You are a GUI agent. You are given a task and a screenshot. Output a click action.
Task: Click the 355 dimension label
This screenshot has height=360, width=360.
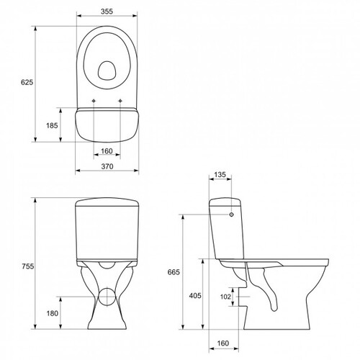coord(107,12)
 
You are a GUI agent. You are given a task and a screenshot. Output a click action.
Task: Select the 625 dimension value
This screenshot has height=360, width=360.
coord(27,82)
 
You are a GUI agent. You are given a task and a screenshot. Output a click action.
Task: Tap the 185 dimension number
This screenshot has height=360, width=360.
coord(52,125)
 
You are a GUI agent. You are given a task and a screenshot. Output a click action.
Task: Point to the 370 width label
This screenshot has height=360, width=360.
coord(107,166)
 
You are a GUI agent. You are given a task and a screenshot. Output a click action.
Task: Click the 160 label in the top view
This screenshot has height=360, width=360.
coord(107,151)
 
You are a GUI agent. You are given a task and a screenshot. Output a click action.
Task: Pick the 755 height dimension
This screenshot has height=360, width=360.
coord(28,266)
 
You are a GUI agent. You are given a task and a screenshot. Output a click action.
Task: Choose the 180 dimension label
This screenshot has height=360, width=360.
coord(53,313)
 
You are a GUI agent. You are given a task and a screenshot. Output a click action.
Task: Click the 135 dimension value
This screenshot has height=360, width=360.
coord(220,174)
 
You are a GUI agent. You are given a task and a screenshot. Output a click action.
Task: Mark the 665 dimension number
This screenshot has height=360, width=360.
coord(174,272)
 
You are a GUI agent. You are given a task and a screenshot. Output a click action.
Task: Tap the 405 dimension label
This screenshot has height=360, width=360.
coord(195,295)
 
